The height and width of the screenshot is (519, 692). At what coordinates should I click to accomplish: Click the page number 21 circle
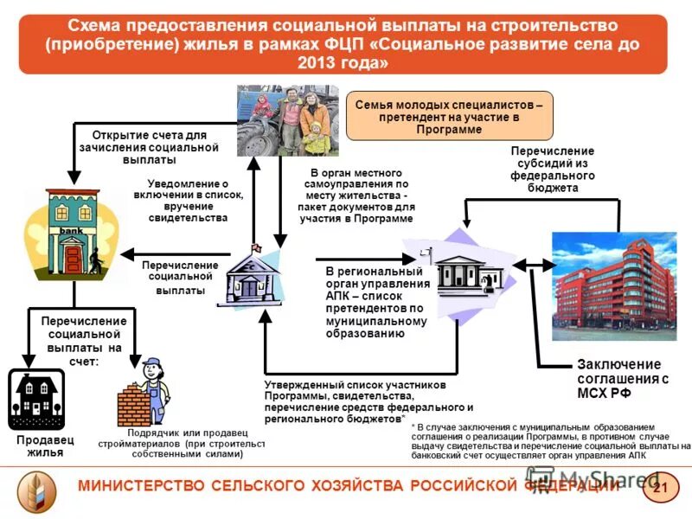658,490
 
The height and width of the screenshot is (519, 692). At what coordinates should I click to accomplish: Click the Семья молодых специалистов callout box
449,116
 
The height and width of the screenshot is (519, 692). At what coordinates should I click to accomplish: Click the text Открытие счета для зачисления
149,147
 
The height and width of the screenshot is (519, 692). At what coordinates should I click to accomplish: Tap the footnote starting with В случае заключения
548,443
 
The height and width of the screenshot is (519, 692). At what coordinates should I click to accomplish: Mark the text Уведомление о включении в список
189,201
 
